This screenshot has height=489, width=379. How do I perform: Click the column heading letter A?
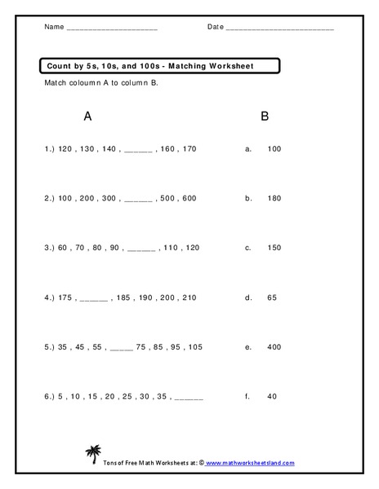(x=87, y=117)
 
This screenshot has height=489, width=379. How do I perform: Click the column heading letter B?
(x=264, y=117)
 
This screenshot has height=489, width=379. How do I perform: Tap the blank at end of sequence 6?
(x=189, y=398)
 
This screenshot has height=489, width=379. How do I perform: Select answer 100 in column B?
(x=274, y=149)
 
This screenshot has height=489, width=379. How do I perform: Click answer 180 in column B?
(x=274, y=198)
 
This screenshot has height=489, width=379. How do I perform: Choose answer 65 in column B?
(x=272, y=297)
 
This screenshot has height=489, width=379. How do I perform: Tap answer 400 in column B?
(x=274, y=346)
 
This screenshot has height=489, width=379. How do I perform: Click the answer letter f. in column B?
(x=247, y=396)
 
